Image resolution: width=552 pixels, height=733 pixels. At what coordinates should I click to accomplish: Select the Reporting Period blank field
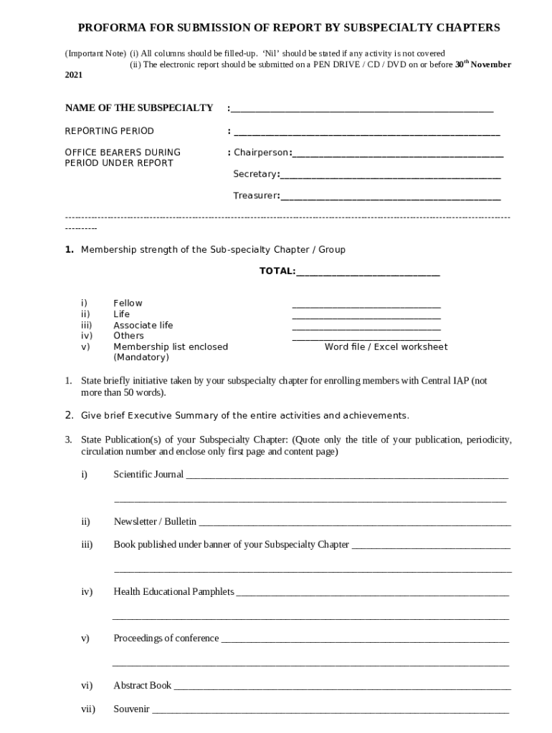[366, 133]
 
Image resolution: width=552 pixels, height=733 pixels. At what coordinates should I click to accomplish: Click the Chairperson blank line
[398, 155]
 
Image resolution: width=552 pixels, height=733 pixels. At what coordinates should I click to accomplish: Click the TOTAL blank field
[368, 273]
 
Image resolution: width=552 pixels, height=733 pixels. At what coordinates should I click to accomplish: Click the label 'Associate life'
[143, 325]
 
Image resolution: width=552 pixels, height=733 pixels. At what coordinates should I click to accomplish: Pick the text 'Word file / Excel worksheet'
[386, 347]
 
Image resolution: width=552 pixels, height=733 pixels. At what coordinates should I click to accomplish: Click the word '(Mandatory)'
[141, 357]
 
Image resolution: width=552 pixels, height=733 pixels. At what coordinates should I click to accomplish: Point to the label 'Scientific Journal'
[148, 474]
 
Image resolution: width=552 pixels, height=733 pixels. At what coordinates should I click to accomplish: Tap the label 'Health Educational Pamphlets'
[173, 591]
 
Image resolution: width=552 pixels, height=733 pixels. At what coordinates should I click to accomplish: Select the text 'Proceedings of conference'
[166, 639]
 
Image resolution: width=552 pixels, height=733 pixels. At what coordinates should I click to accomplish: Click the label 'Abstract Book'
[142, 686]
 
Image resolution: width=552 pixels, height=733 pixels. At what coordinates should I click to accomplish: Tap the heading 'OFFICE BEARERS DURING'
[123, 152]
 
